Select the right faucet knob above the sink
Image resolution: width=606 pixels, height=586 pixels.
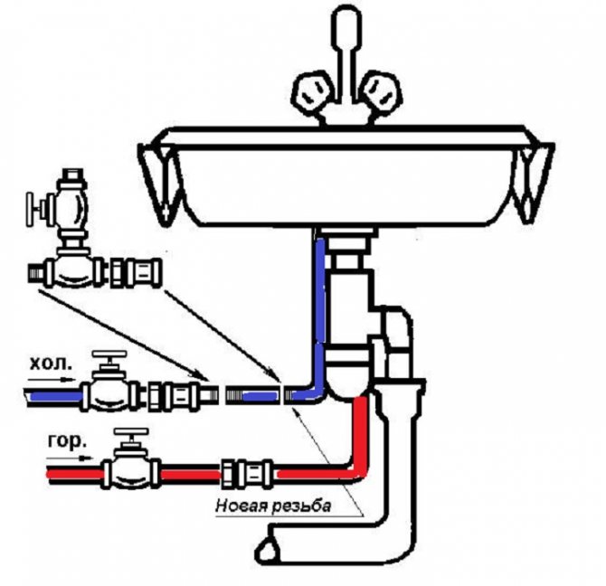379,93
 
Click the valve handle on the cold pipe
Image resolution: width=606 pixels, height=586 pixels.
111,361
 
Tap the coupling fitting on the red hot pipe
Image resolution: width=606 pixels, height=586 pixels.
248,470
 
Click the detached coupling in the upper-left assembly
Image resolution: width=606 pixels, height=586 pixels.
135,269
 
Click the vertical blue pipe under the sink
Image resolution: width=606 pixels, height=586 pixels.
320,307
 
